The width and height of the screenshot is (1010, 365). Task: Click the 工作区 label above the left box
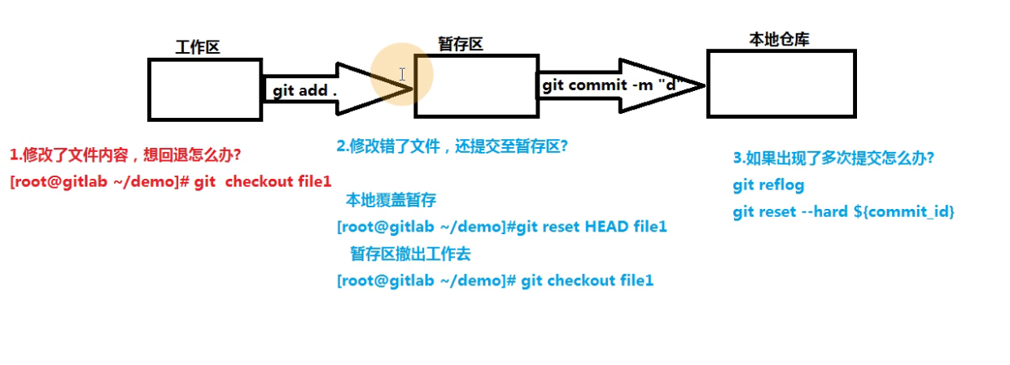pos(198,47)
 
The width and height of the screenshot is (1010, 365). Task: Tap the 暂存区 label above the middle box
pos(461,45)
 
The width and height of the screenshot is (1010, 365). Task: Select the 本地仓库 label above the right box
pos(779,39)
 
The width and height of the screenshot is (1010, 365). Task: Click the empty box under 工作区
pos(205,89)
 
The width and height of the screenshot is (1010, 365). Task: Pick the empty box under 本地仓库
pos(781,84)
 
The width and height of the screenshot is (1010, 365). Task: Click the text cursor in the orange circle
pos(402,74)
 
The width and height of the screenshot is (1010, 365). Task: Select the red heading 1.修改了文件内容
pos(125,154)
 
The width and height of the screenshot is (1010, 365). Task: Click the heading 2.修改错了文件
pos(452,146)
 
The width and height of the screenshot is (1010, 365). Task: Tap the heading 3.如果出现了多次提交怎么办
pos(833,159)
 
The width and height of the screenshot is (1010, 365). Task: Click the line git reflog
pos(768,185)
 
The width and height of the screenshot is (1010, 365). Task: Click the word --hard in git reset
pos(821,212)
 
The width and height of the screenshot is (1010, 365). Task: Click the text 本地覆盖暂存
pos(391,200)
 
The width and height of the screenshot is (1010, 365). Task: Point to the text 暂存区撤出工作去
pos(410,254)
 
